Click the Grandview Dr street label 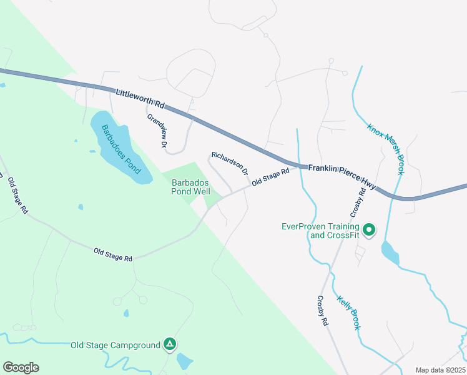(157, 131)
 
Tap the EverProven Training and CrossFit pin (368, 230)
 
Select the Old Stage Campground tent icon (169, 344)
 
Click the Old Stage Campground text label (116, 345)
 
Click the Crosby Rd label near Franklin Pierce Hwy (361, 199)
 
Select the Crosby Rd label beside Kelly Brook (322, 311)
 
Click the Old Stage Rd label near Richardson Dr (270, 176)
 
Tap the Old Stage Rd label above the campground (113, 254)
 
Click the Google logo (21, 367)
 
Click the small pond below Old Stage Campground (185, 361)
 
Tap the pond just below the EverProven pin (390, 253)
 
